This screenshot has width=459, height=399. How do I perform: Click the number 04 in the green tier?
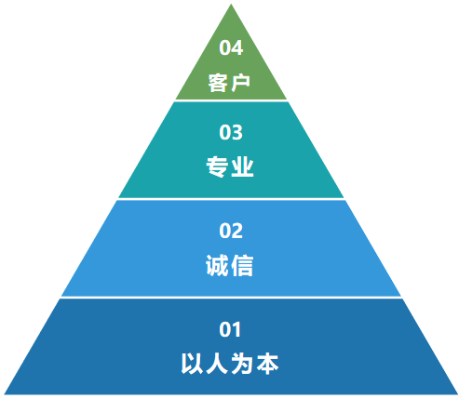(231, 47)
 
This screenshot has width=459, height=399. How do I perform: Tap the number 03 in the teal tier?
(231, 132)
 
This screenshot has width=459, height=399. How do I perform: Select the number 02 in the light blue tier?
(231, 231)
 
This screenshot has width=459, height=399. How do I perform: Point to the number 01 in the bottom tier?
(230, 329)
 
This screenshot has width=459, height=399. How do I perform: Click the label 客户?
(229, 83)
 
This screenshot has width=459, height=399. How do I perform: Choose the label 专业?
(230, 166)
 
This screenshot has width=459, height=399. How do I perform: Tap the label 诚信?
(230, 265)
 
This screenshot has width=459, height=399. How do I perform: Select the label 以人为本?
(230, 364)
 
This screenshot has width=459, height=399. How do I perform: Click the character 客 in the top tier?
(218, 83)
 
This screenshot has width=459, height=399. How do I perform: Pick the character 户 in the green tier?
(240, 83)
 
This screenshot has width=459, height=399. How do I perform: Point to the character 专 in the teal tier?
(217, 166)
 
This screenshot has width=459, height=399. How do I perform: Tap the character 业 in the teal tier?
(242, 166)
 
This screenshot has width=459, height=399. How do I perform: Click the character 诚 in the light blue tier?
(217, 265)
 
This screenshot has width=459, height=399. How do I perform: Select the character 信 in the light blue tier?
(242, 265)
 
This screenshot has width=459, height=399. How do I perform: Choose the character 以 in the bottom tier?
(192, 364)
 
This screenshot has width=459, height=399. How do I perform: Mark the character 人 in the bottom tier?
(217, 364)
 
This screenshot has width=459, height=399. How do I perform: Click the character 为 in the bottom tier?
(242, 364)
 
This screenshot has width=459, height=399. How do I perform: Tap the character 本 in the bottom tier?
(267, 364)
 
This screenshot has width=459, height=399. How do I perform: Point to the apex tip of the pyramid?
(231, 4)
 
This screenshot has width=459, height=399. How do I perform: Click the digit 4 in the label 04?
(237, 47)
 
